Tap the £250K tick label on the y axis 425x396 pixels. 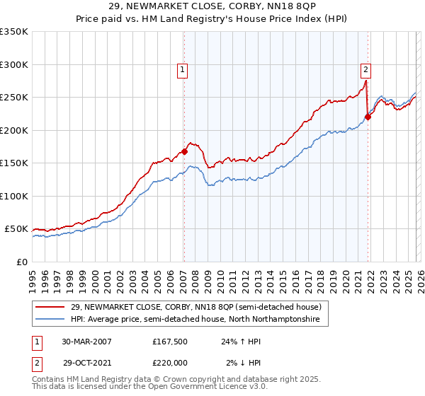coord(14,98)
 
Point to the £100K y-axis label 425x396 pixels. coord(14,196)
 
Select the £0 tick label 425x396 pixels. coord(23,262)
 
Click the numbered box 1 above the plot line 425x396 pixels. coord(183,69)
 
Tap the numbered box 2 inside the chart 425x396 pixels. coord(365,69)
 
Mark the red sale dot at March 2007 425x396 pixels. coord(184,151)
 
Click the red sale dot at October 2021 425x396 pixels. coord(368,117)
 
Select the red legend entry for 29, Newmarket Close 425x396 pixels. coord(194,307)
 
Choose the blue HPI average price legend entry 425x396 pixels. coord(195,320)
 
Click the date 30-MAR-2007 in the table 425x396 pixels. coord(86,341)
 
